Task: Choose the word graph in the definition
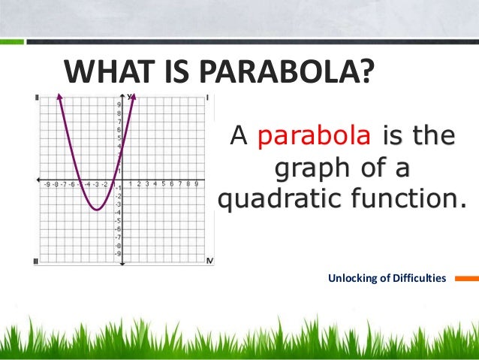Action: point(309,168)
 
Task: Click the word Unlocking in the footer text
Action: point(354,279)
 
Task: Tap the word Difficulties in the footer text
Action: point(420,279)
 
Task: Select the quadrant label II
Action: point(37,98)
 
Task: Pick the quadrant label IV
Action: point(209,261)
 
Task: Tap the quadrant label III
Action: point(36,261)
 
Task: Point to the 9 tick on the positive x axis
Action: point(196,183)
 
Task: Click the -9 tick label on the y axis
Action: point(118,253)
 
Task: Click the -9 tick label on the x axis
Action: point(47,184)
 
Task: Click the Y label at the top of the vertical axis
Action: point(129,96)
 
